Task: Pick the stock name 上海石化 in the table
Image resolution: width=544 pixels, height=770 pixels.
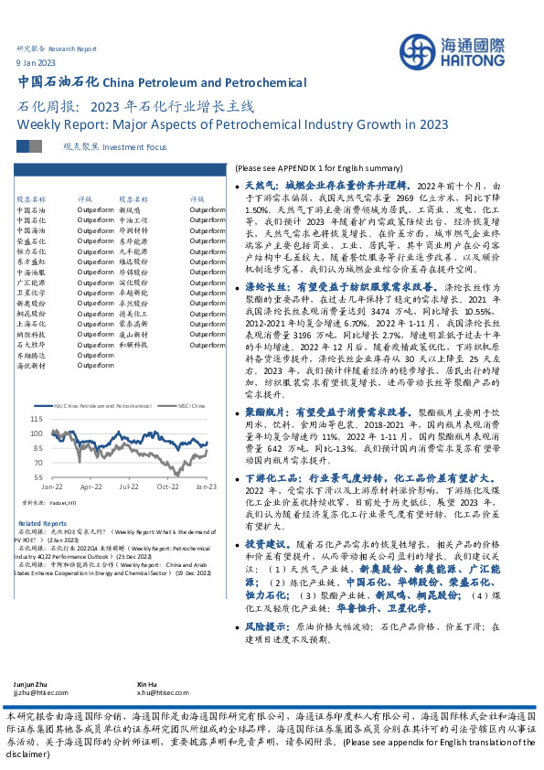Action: (x=30, y=322)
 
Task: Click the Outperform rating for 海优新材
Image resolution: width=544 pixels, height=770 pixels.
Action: (x=95, y=365)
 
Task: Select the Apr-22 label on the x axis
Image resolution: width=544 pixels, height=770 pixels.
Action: (x=91, y=487)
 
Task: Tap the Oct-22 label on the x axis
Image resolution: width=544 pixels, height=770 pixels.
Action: (x=167, y=487)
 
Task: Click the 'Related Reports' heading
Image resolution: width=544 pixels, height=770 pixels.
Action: (x=42, y=523)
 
